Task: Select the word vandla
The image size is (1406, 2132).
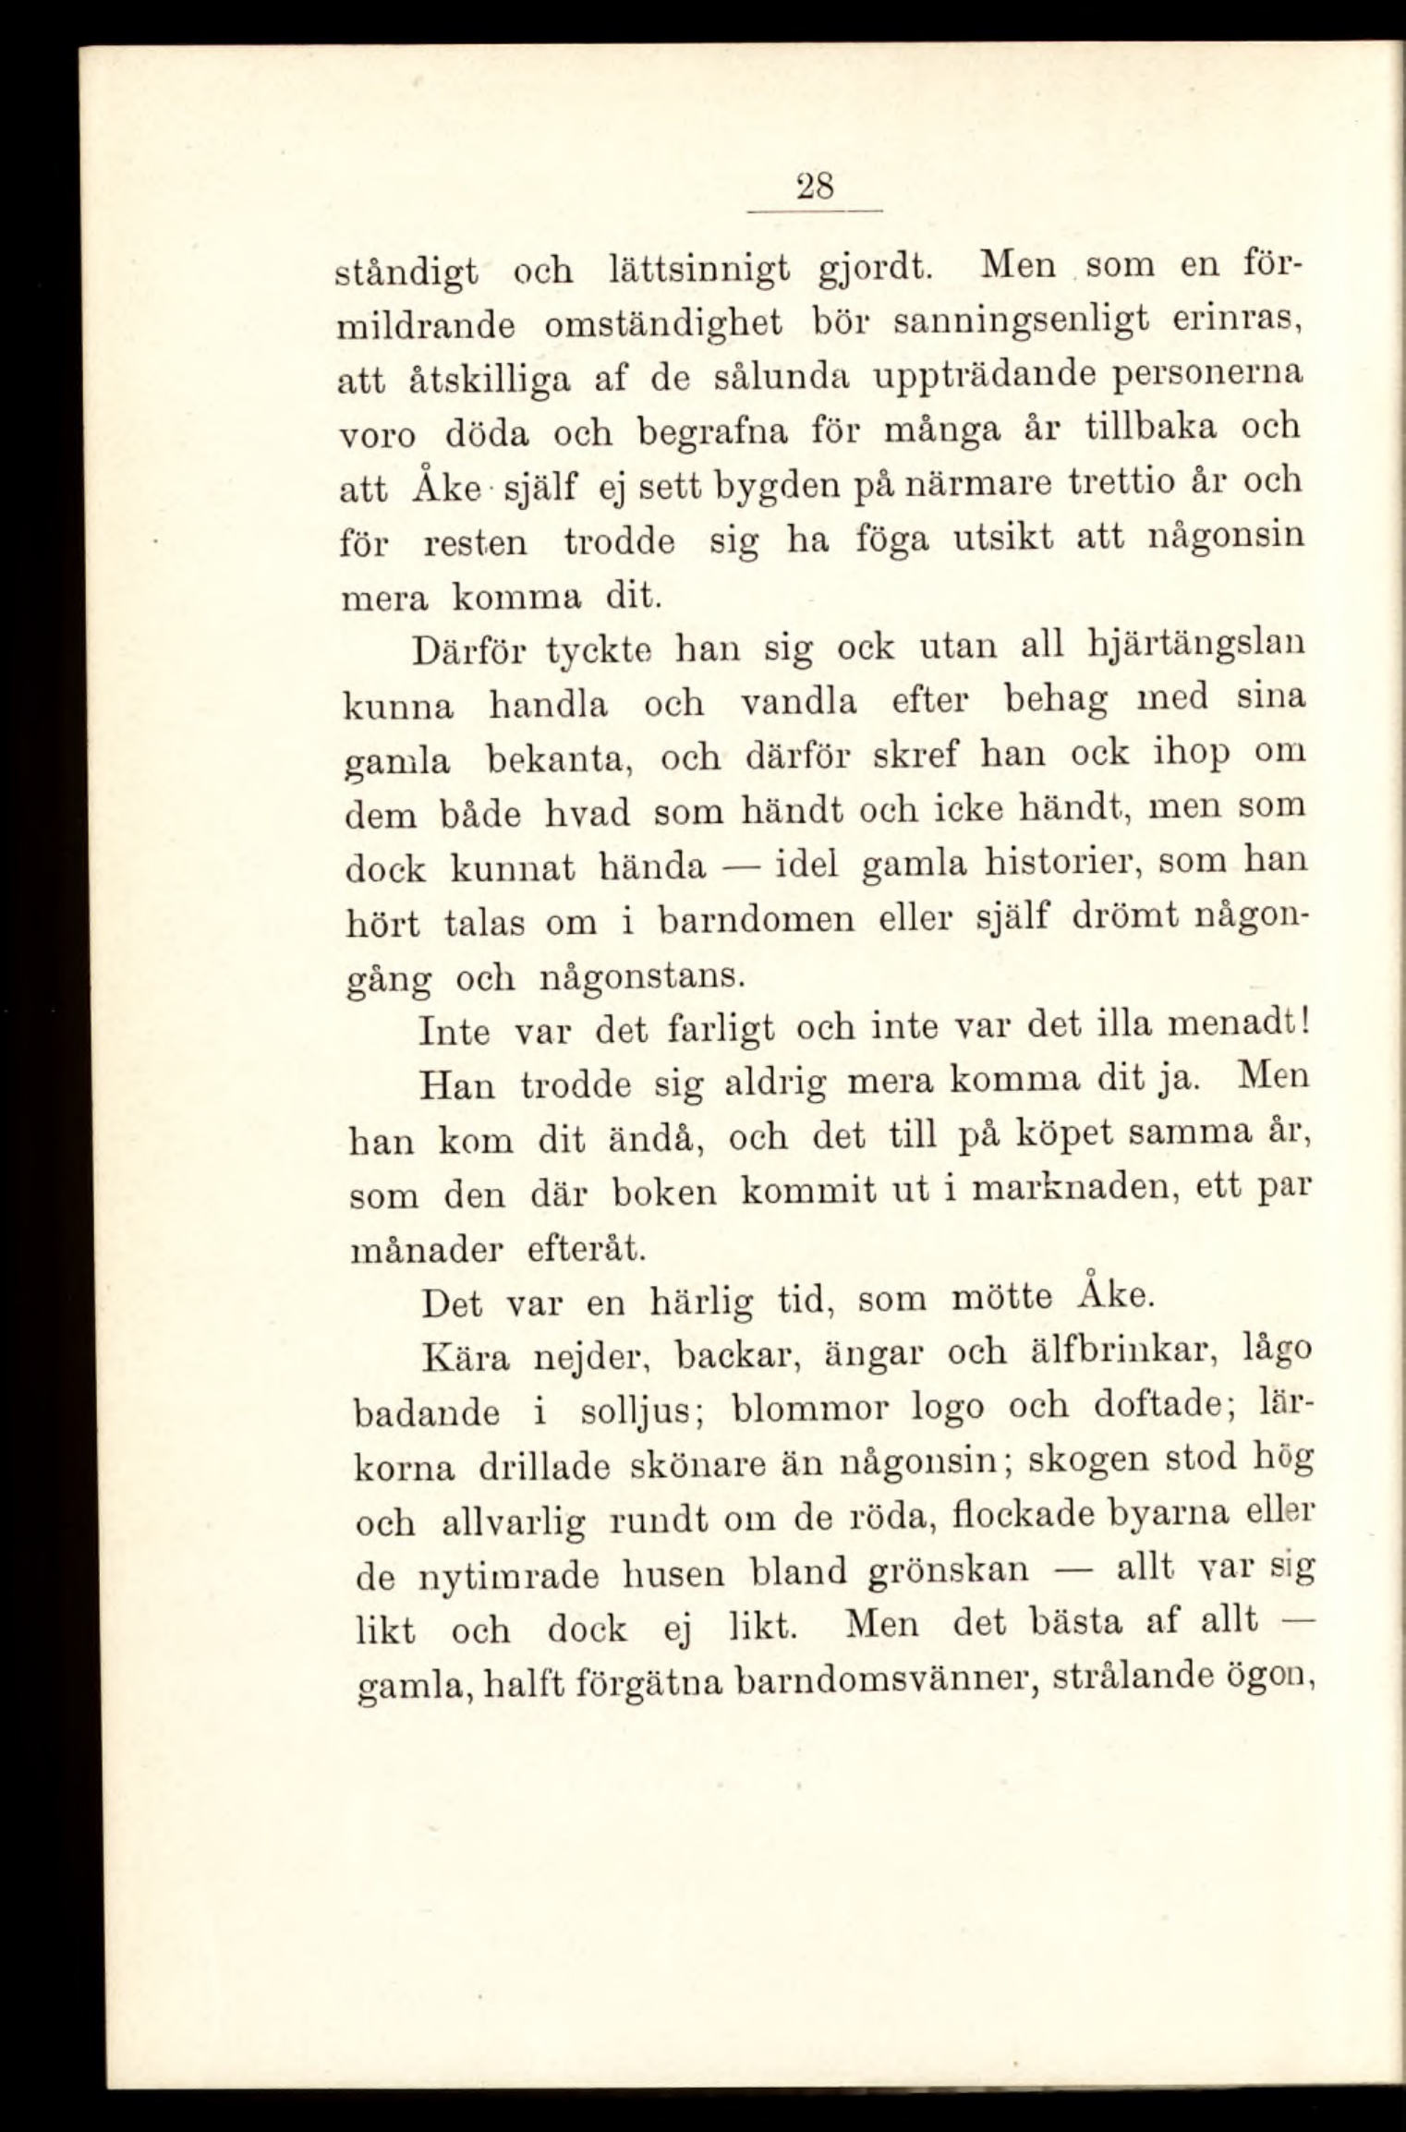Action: click(799, 702)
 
